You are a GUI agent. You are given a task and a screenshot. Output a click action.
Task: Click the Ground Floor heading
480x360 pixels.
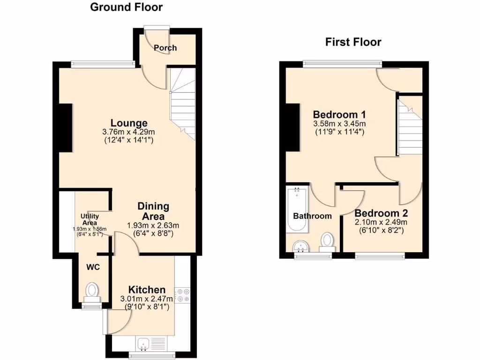[x=126, y=7]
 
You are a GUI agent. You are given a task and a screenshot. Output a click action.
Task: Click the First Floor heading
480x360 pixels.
[x=353, y=42]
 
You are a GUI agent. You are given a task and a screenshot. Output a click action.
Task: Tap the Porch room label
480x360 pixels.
[x=165, y=48]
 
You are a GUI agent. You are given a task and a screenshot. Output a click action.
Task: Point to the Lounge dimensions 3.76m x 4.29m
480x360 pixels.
[x=126, y=133]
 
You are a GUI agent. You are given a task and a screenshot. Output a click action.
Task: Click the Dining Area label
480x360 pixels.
[x=153, y=211]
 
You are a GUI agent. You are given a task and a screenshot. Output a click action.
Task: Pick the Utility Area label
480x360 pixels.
[x=89, y=219]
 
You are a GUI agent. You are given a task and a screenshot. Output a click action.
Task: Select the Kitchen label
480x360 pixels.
[x=147, y=290]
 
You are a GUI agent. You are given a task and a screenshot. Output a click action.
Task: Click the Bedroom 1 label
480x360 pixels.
[x=339, y=114]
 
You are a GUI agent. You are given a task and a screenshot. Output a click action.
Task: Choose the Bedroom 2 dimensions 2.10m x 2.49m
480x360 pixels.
[x=381, y=223]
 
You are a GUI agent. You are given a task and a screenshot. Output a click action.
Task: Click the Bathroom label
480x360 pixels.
[x=312, y=216]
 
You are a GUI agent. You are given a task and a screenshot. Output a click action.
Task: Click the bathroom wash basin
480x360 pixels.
[x=299, y=247]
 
